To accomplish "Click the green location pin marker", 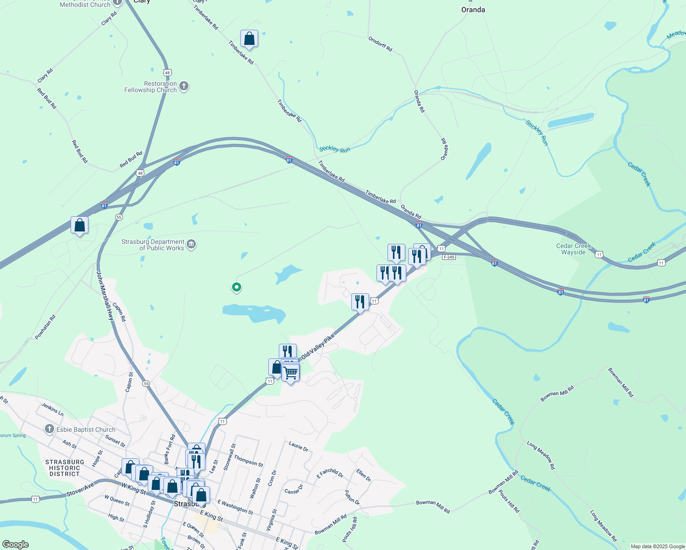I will click(237, 287).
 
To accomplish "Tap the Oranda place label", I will click(473, 10).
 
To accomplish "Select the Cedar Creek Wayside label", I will click(573, 249).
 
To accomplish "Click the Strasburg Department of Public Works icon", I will click(192, 245).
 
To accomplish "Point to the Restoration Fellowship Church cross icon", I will click(184, 86).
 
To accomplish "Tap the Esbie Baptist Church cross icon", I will click(49, 429).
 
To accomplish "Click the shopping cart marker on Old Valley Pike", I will click(290, 372).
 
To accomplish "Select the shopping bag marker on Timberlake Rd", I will click(249, 39).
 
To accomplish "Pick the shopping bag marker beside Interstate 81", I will click(79, 225).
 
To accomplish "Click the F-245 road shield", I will click(449, 257).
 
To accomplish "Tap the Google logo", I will click(15, 544).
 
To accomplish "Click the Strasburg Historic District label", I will click(65, 468).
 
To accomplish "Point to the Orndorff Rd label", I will click(380, 44).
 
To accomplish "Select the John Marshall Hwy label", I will click(105, 296).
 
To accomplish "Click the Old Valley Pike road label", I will click(317, 347).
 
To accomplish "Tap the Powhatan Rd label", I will click(45, 327).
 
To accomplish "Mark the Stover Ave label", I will click(81, 489).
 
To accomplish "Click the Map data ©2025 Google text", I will click(658, 546).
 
